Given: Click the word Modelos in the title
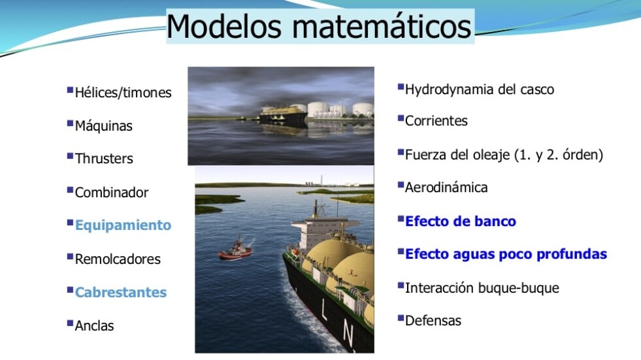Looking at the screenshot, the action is [224, 26].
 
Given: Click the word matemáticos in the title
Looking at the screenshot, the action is [382, 26].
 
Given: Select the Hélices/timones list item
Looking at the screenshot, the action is [123, 93].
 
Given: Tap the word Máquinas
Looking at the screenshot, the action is [103, 125].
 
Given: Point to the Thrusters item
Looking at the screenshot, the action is [104, 159].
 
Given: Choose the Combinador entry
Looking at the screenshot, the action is [112, 192].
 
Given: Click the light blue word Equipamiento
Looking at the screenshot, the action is [123, 225].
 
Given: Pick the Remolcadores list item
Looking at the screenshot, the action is [118, 259].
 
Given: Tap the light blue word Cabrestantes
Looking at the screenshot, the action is [121, 292].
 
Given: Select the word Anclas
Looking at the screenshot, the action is [94, 325].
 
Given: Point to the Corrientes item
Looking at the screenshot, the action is [436, 121].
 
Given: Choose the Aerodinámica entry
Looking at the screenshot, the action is [446, 188].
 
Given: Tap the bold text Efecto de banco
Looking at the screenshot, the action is [460, 221].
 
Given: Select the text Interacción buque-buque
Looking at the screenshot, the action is [482, 287].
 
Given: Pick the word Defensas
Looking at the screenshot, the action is [433, 321].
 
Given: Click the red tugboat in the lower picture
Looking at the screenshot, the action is [235, 250].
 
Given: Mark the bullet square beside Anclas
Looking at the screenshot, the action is [70, 323].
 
